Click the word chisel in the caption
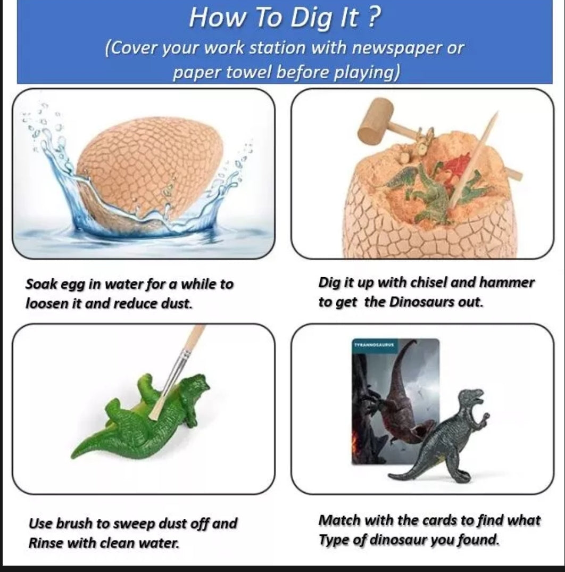(429, 283)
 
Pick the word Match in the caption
(339, 520)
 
